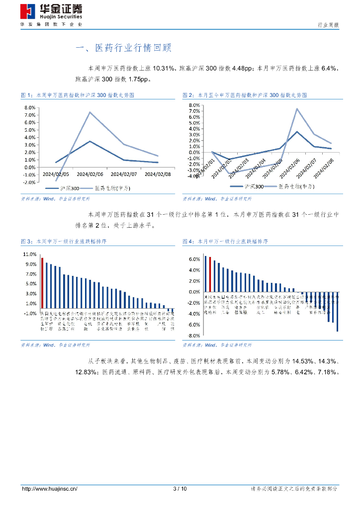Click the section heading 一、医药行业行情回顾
123,48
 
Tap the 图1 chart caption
78,94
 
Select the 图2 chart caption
244,94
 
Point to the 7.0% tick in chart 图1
29,115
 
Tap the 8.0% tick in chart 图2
193,105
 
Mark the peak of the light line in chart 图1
90,112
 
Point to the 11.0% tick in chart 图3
29,254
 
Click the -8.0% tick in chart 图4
193,336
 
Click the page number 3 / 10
180,489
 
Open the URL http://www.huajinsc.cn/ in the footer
49,489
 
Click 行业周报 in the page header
328,25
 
